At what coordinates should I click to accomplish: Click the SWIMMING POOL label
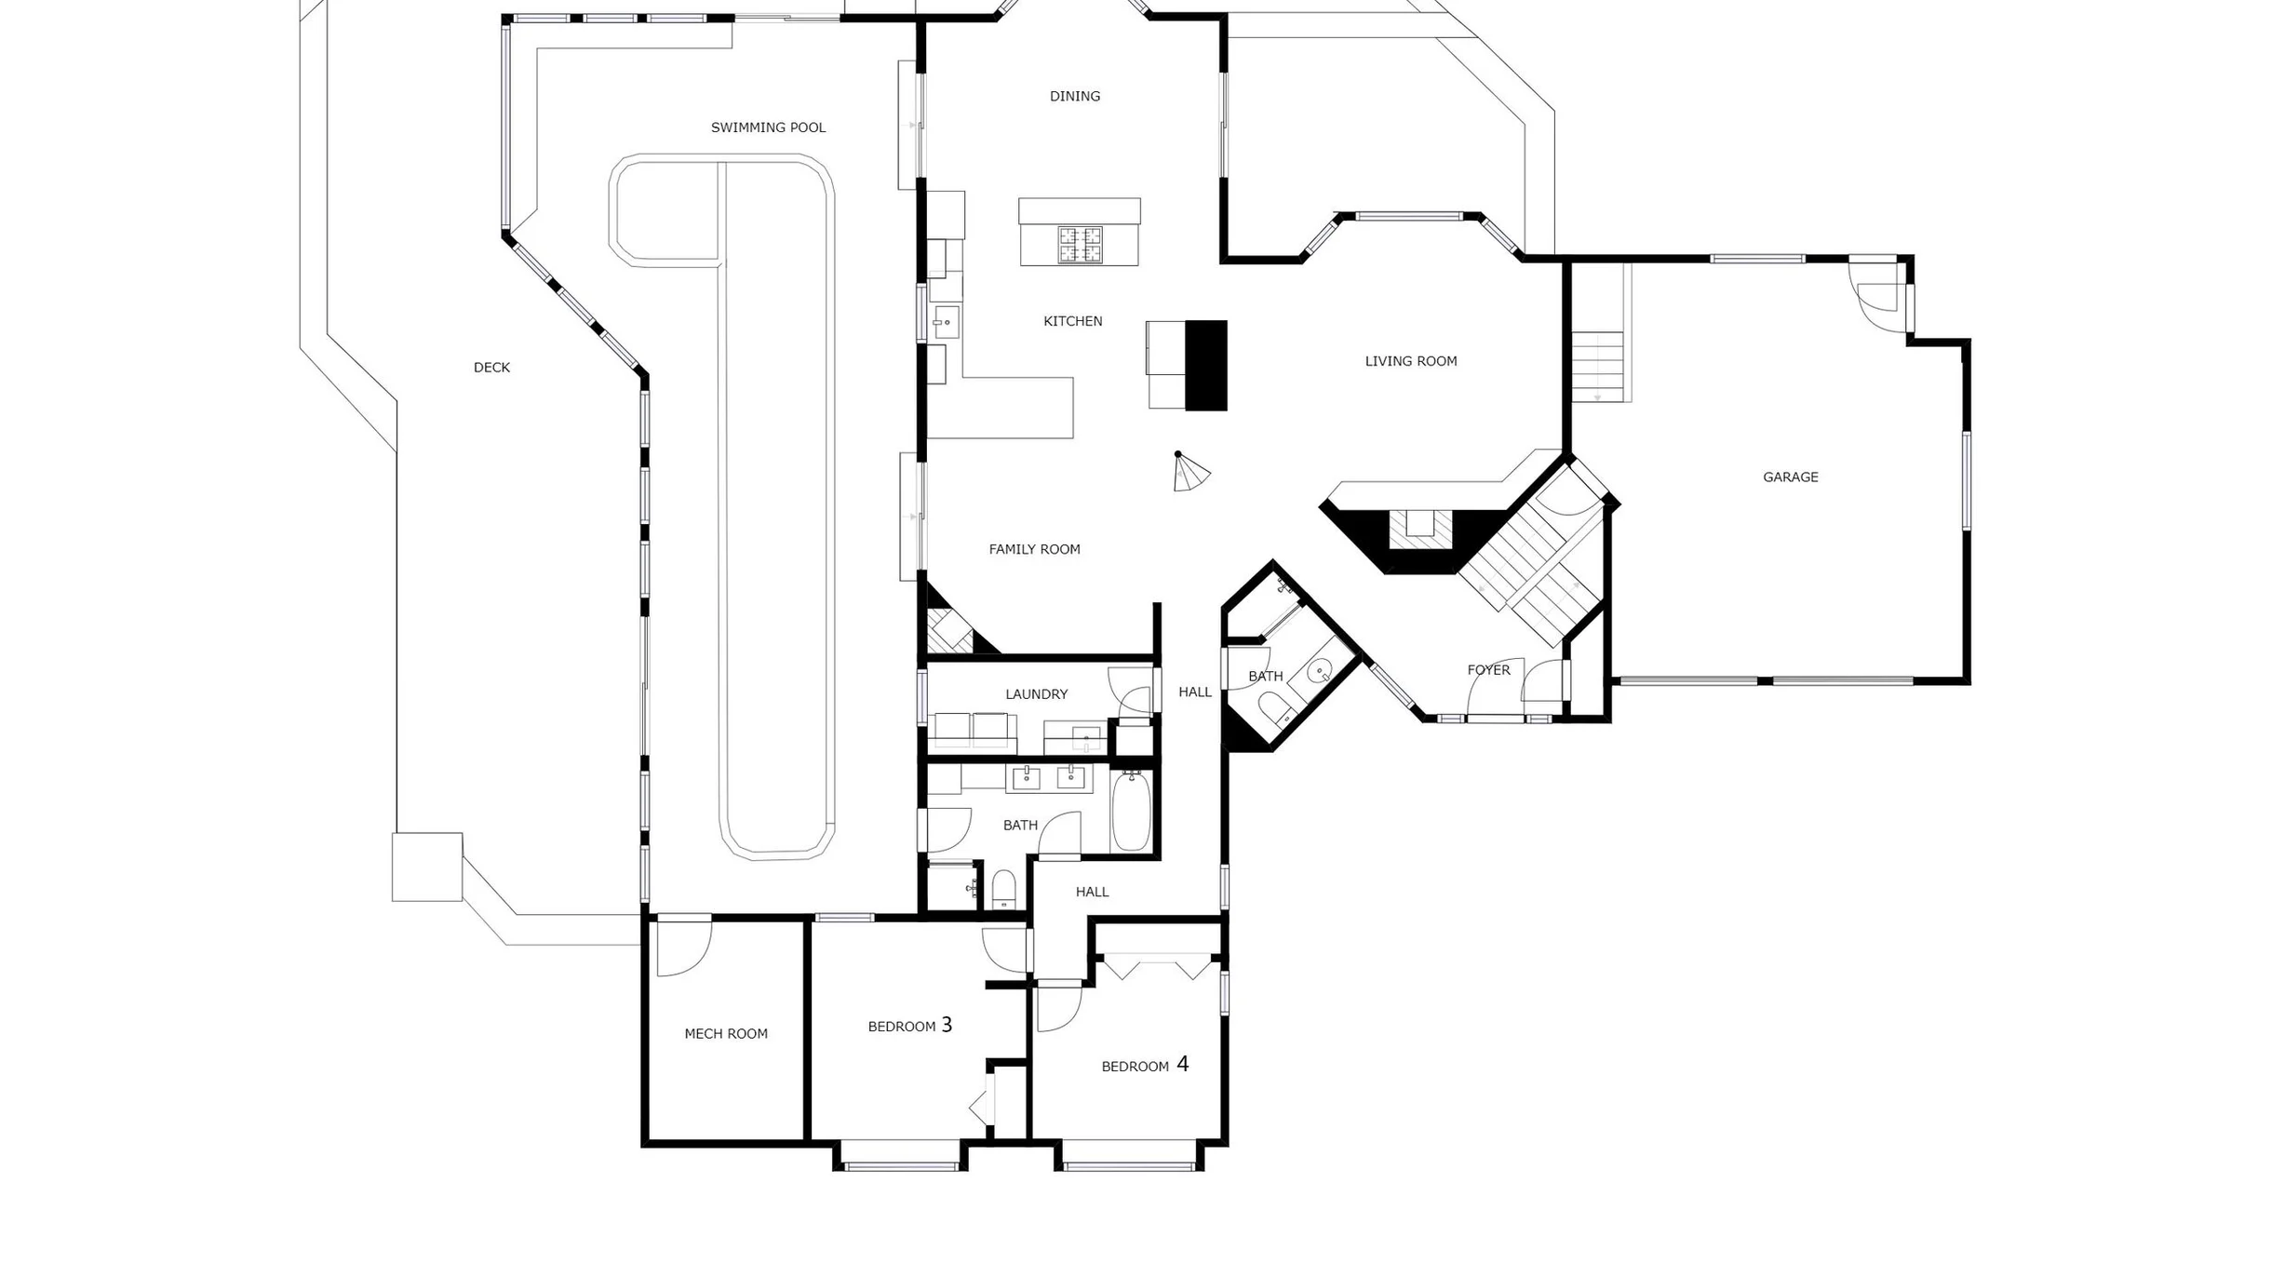(x=768, y=128)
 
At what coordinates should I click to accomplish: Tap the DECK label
(x=491, y=368)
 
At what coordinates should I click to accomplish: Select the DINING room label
(x=1075, y=96)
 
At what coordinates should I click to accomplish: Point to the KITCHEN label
(x=1072, y=321)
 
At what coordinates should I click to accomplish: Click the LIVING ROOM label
(x=1411, y=361)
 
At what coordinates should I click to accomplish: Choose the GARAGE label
(x=1790, y=477)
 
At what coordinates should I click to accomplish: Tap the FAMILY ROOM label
(x=1034, y=549)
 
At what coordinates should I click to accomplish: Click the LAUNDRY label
(x=1036, y=694)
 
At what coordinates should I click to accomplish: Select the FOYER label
(x=1488, y=670)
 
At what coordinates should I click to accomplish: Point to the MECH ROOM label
(x=726, y=1033)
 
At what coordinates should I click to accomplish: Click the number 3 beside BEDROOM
(x=947, y=1025)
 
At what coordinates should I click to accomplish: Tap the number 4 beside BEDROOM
(x=1182, y=1064)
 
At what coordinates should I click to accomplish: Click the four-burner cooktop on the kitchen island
(x=1080, y=245)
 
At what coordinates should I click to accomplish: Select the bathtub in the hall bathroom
(x=1131, y=811)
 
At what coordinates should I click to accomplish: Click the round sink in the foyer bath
(x=1320, y=671)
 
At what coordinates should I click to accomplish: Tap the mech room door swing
(x=684, y=948)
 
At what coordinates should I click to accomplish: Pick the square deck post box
(x=427, y=867)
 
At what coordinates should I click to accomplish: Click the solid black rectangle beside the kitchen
(x=1206, y=366)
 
